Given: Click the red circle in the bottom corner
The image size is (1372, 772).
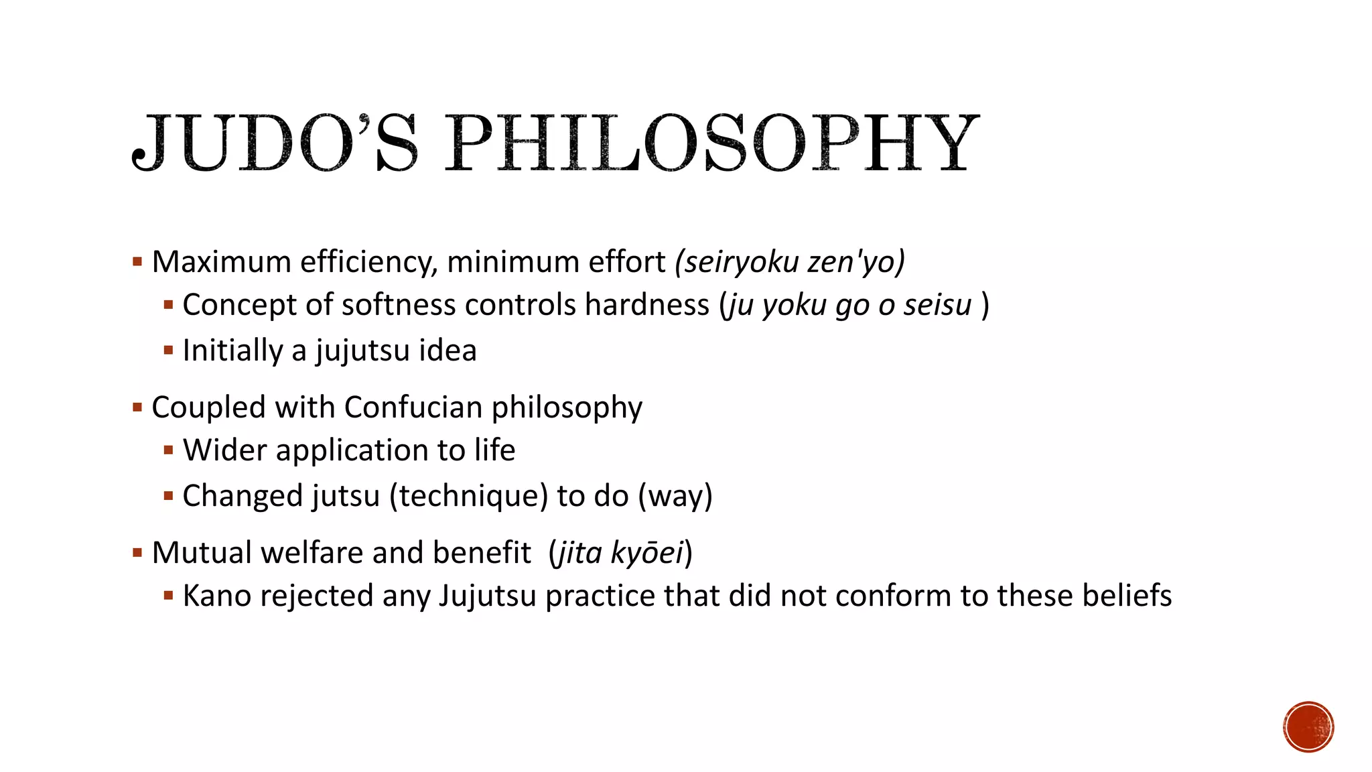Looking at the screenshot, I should (x=1308, y=726).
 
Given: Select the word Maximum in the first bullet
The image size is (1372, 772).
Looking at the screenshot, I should (x=222, y=262).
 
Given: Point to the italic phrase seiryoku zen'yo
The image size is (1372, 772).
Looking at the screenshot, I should (x=791, y=262).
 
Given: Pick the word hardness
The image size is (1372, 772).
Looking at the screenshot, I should (x=646, y=305).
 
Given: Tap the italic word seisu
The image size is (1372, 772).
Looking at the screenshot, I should (x=937, y=305).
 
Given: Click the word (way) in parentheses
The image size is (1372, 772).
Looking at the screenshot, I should (x=675, y=497).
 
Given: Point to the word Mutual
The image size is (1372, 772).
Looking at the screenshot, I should (x=202, y=553).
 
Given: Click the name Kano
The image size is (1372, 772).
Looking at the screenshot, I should (x=217, y=596).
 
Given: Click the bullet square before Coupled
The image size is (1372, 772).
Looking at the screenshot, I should (x=137, y=407).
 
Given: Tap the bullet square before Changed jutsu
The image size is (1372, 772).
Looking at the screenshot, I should (x=168, y=496).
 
